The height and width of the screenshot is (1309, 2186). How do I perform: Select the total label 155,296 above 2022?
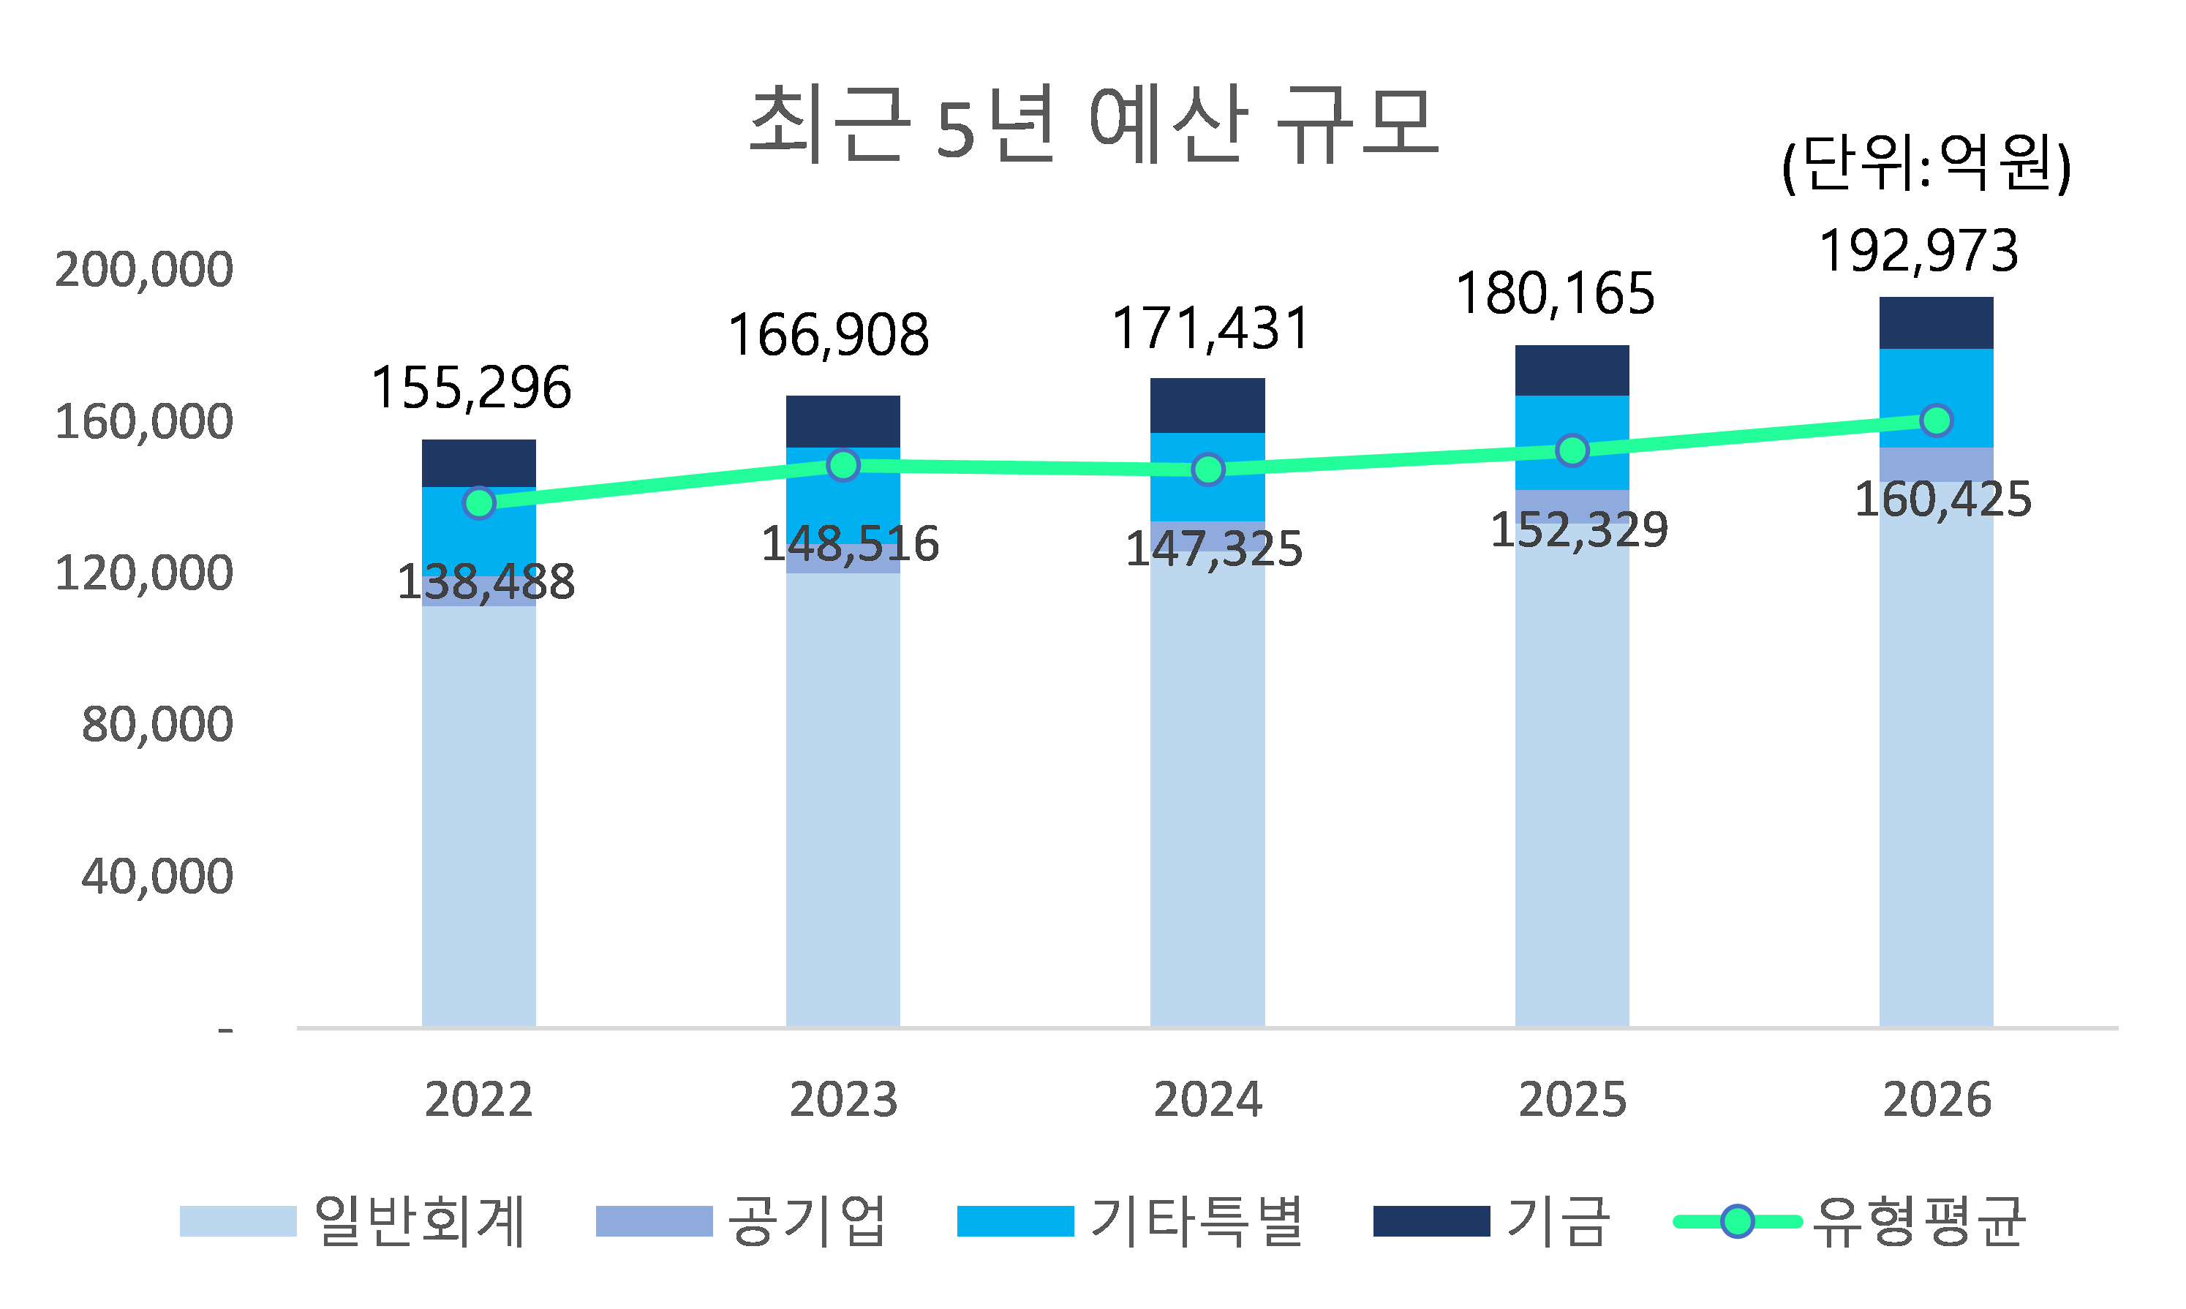471,388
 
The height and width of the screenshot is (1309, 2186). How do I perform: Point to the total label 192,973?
1919,252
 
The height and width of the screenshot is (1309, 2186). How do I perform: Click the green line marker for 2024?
1207,469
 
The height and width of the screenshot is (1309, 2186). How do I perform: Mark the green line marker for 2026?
1937,420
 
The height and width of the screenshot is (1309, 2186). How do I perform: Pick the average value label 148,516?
850,544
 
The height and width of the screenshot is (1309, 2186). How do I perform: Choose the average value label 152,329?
1579,531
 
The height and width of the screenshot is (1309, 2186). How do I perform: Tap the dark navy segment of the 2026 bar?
1937,322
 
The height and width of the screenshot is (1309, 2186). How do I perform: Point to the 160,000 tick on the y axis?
144,422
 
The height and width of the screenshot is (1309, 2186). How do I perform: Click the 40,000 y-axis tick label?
157,877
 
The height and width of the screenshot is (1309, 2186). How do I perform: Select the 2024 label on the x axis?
1207,1100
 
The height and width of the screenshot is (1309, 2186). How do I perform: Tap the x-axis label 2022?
478,1100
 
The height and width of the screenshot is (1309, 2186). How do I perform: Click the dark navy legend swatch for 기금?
1431,1222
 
